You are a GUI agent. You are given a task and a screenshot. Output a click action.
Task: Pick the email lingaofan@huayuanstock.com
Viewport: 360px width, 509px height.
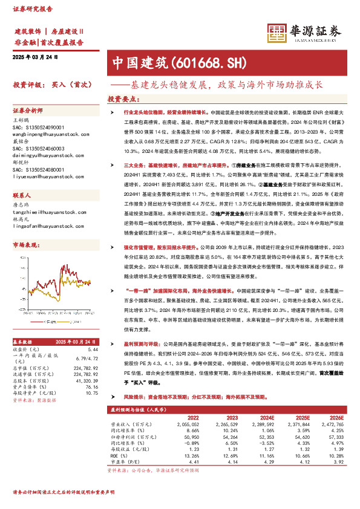click(x=44, y=227)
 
